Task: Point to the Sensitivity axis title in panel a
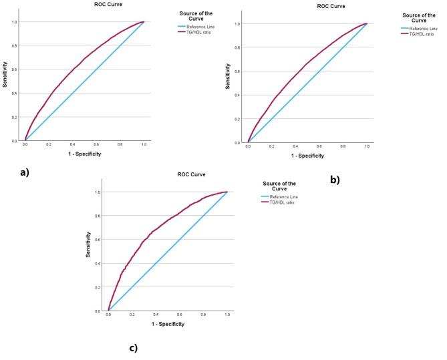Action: click(x=5, y=76)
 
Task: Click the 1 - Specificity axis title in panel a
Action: click(x=87, y=154)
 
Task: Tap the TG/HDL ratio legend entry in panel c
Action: click(x=281, y=202)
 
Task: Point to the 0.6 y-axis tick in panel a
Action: click(x=16, y=69)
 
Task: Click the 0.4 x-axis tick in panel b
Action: click(x=295, y=147)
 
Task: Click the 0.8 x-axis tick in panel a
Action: click(x=120, y=144)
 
